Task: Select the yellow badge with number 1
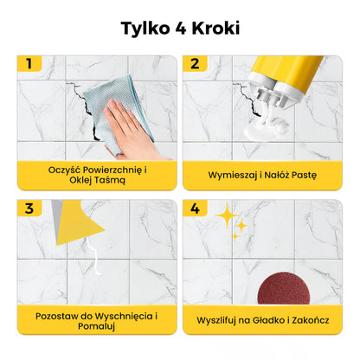(29, 63)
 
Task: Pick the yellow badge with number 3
(29, 209)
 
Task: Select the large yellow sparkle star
(227, 215)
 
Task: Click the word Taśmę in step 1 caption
(110, 180)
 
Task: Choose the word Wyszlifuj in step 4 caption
(220, 319)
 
